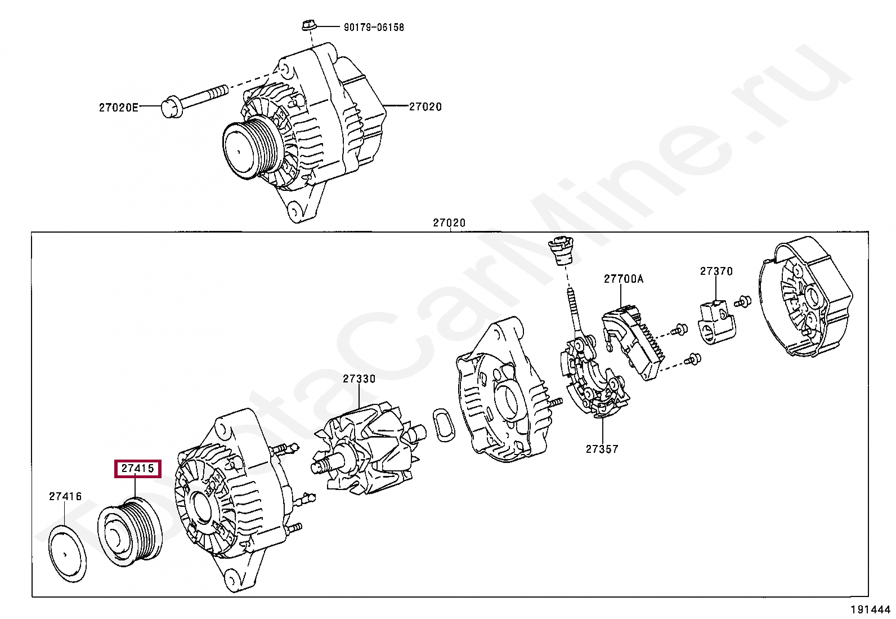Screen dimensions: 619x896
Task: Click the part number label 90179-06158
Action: tap(374, 27)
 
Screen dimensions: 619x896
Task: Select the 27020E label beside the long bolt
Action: tap(118, 108)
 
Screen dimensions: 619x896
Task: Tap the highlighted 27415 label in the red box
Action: tap(138, 469)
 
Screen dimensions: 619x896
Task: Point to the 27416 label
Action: tap(65, 496)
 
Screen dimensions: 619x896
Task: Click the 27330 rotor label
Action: tap(359, 379)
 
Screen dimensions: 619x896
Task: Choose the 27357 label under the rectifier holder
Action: tap(602, 449)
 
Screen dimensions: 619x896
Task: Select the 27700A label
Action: tap(624, 279)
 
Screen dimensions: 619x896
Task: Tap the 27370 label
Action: tap(716, 271)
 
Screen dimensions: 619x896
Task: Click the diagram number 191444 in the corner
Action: tap(870, 609)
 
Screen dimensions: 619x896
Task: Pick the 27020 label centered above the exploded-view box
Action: tap(449, 222)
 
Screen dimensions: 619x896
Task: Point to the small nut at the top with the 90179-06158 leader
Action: tap(308, 25)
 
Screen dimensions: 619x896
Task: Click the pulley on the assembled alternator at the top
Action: tap(251, 147)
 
